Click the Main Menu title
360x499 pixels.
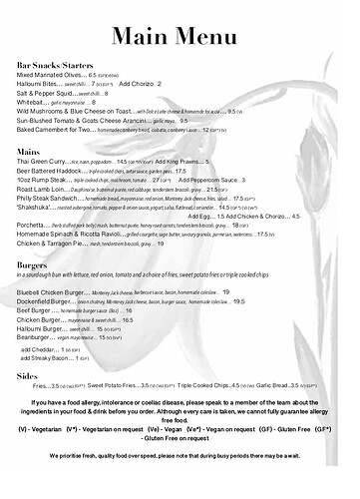tap(180, 35)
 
